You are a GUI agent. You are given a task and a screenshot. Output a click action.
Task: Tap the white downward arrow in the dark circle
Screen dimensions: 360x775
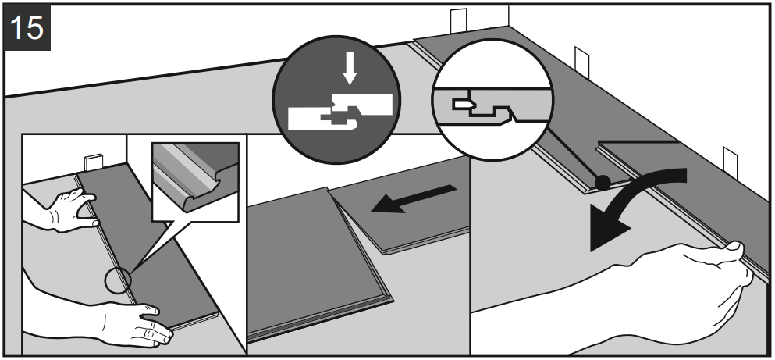click(x=350, y=70)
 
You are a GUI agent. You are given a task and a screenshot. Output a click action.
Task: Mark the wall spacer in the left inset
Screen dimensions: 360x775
click(x=94, y=162)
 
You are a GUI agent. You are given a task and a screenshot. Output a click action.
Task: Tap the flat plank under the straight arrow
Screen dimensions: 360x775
click(x=406, y=219)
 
